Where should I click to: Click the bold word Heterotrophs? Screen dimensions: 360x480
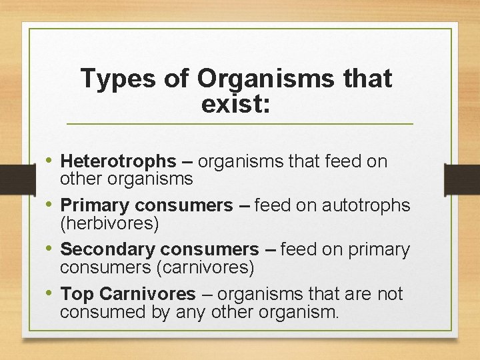point(118,161)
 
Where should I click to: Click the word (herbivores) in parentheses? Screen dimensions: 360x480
point(109,223)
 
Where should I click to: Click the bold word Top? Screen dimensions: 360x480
point(76,293)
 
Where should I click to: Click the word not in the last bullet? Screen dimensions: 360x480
point(389,293)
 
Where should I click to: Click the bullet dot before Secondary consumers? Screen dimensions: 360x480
point(51,249)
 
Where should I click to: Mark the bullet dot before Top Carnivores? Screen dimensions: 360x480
point(51,293)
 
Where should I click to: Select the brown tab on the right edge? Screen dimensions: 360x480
point(465,180)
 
